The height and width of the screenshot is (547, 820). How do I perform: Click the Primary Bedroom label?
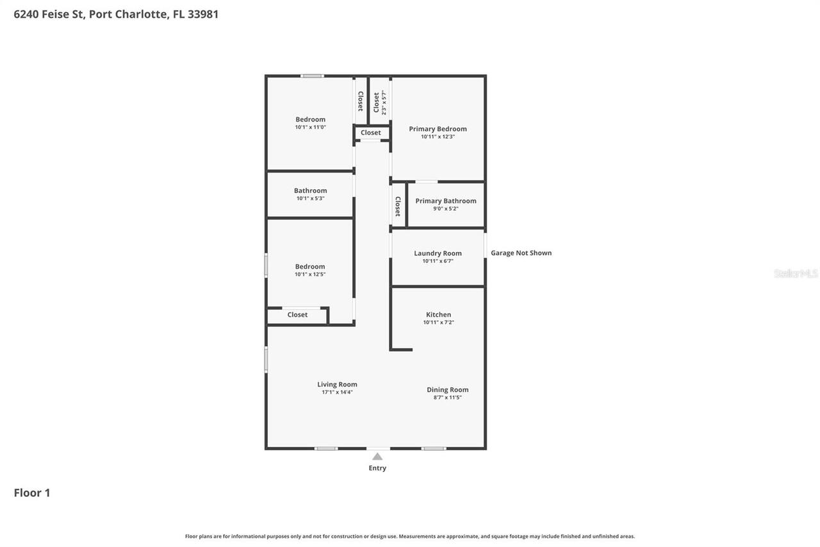click(438, 129)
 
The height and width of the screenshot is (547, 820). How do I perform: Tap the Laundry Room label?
click(438, 253)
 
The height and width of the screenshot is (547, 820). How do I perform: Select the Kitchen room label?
click(438, 315)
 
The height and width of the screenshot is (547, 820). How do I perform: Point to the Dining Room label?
click(447, 390)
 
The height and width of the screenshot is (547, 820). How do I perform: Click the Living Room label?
click(337, 385)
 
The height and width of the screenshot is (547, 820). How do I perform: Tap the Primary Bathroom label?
click(445, 201)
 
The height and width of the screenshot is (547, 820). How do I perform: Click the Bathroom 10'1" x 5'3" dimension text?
click(310, 199)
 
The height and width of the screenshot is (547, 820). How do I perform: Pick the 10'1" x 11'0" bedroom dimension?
click(310, 128)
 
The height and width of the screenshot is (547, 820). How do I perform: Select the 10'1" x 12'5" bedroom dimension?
click(310, 274)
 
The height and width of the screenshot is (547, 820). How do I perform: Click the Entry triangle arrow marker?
click(377, 457)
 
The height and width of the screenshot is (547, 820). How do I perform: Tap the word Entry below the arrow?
click(377, 468)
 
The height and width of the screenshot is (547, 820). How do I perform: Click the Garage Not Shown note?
click(521, 253)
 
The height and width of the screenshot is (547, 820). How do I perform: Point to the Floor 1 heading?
click(32, 492)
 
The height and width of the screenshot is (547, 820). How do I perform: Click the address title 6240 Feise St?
click(116, 13)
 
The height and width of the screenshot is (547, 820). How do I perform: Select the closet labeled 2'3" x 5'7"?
click(380, 102)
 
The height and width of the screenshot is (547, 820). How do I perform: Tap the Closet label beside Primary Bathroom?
click(398, 206)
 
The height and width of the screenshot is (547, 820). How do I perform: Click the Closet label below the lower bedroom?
click(297, 315)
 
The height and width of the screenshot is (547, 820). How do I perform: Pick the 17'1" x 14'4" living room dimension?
click(337, 392)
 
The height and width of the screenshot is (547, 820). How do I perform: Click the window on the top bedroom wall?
click(312, 76)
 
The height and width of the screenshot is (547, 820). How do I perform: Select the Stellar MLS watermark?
click(796, 274)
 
